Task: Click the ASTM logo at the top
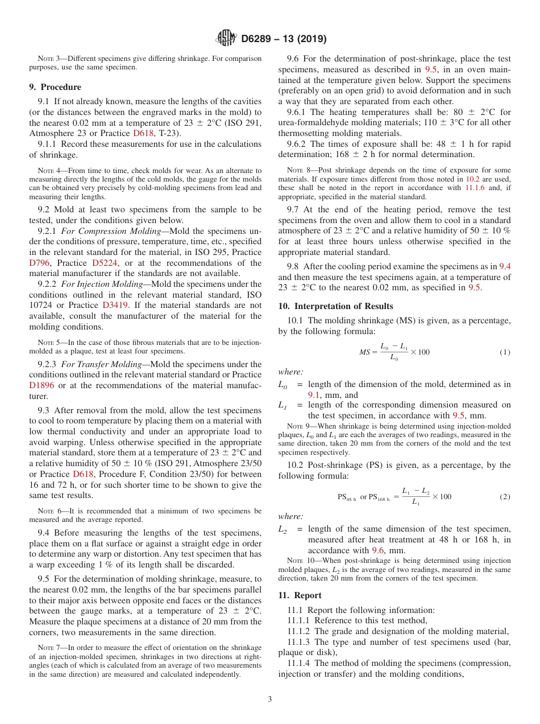click(226, 39)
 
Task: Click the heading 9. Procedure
click(55, 87)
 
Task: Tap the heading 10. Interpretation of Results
click(335, 306)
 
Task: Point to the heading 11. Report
click(300, 595)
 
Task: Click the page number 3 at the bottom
click(270, 699)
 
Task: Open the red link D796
click(40, 263)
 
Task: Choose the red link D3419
click(115, 305)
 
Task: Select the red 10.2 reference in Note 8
click(473, 179)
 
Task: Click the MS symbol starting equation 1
click(364, 352)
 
